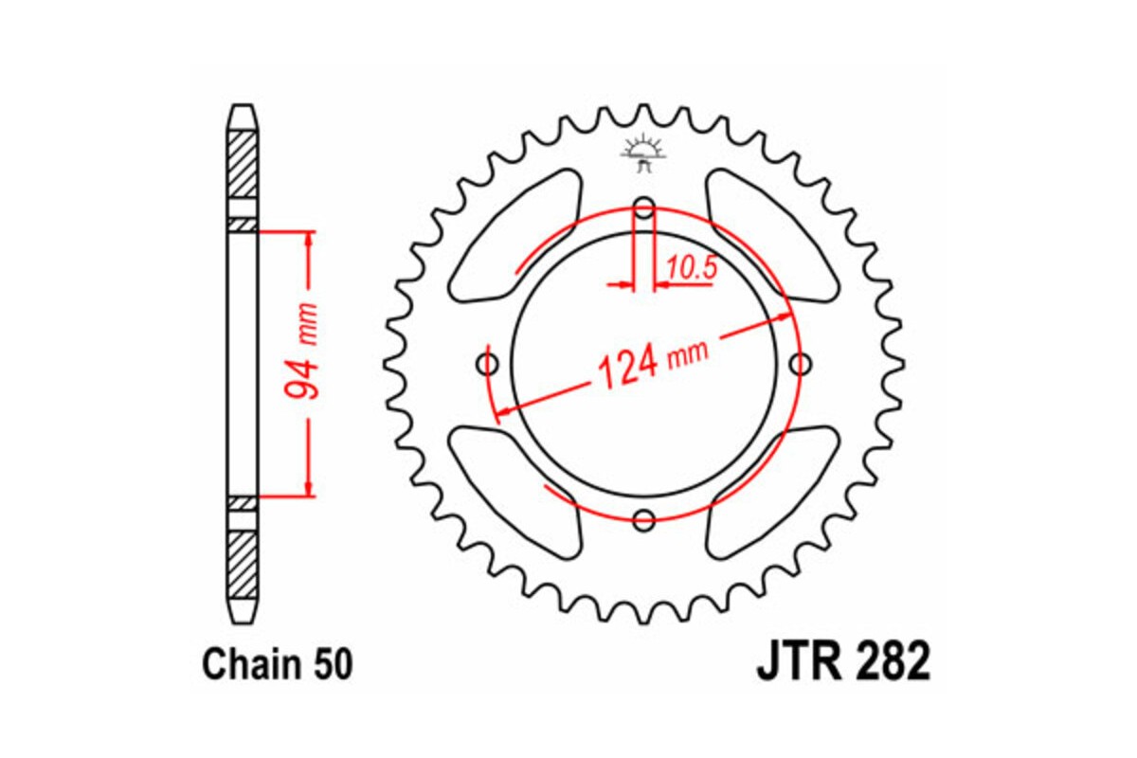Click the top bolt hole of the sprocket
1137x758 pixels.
click(644, 208)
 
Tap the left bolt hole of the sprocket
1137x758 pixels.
click(489, 364)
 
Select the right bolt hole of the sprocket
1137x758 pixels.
click(801, 363)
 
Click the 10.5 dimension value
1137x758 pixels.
click(690, 268)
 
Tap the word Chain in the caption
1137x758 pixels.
click(248, 665)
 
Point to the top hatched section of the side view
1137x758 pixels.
click(243, 161)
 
